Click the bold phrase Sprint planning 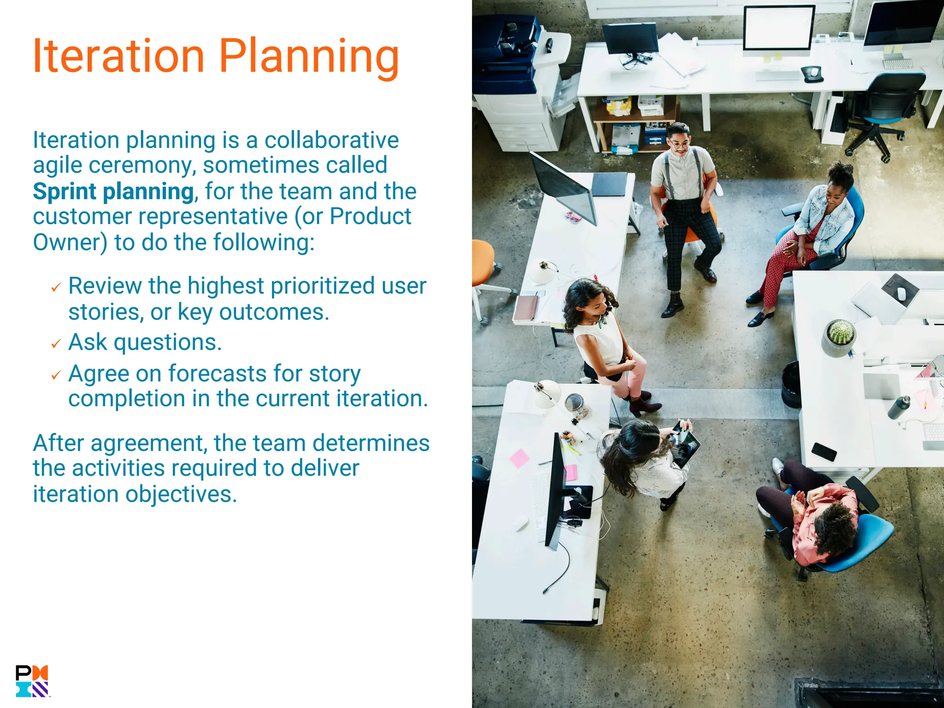tap(113, 191)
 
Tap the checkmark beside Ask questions tap(56, 344)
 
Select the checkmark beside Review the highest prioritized tap(56, 288)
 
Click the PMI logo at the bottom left tap(32, 681)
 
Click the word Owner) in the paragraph tap(70, 242)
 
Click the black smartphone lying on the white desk tap(824, 451)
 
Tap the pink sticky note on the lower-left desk tap(519, 459)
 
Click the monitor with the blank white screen tap(778, 29)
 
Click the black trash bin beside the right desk tap(791, 384)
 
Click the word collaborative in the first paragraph tap(331, 140)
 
